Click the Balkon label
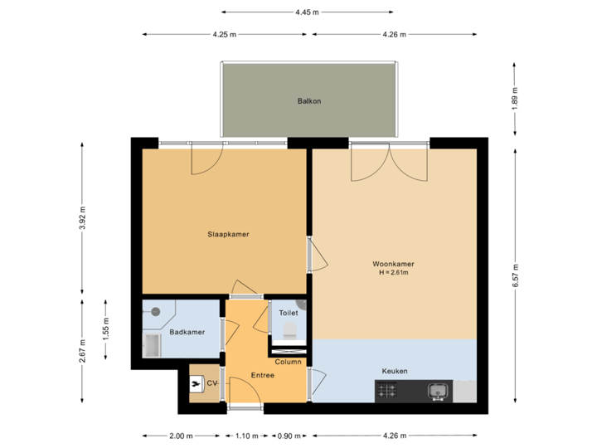click(x=309, y=101)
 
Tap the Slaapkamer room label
click(x=228, y=235)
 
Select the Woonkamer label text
click(x=394, y=265)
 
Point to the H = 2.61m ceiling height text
click(x=394, y=272)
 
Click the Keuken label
click(x=395, y=371)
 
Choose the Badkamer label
click(x=187, y=332)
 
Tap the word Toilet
click(x=289, y=314)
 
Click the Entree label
click(x=263, y=376)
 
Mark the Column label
click(x=288, y=362)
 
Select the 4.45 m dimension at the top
click(x=307, y=12)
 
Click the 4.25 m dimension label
click(x=225, y=35)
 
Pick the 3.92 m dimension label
click(x=82, y=217)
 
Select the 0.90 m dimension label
click(x=289, y=436)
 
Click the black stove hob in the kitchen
click(x=391, y=389)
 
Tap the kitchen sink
click(x=437, y=389)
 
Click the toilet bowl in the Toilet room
click(x=289, y=331)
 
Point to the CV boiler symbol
click(x=197, y=384)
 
